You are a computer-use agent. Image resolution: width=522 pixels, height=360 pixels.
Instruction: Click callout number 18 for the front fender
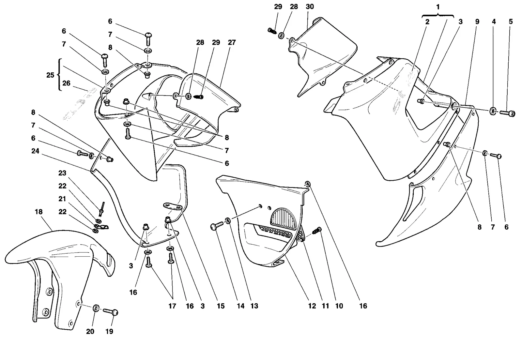39,212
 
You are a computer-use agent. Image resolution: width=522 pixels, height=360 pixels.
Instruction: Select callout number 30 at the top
310,7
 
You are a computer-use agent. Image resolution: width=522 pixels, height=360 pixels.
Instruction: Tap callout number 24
35,151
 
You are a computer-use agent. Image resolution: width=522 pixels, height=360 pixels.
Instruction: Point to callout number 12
312,306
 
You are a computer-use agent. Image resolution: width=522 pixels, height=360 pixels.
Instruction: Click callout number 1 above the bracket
438,7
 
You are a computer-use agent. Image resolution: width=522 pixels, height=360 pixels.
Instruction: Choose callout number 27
232,42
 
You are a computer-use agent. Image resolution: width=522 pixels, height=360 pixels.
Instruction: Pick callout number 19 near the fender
109,331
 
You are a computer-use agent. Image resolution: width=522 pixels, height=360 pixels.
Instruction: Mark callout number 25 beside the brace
50,75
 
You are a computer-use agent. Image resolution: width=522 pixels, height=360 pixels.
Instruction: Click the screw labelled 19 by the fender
111,311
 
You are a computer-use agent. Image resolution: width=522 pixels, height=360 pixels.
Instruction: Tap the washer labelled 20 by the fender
96,308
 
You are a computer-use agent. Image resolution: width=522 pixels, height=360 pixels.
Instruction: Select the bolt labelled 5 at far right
507,113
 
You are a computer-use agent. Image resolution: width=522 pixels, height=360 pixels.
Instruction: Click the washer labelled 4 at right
493,111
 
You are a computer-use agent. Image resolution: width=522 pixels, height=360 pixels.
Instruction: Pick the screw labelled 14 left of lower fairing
217,226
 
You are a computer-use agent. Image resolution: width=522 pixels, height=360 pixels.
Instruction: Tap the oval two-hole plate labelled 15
173,206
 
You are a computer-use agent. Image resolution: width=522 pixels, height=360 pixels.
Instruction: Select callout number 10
339,306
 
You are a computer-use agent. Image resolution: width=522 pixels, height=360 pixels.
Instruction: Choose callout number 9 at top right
477,22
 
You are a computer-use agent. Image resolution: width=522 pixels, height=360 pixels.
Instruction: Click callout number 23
62,173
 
